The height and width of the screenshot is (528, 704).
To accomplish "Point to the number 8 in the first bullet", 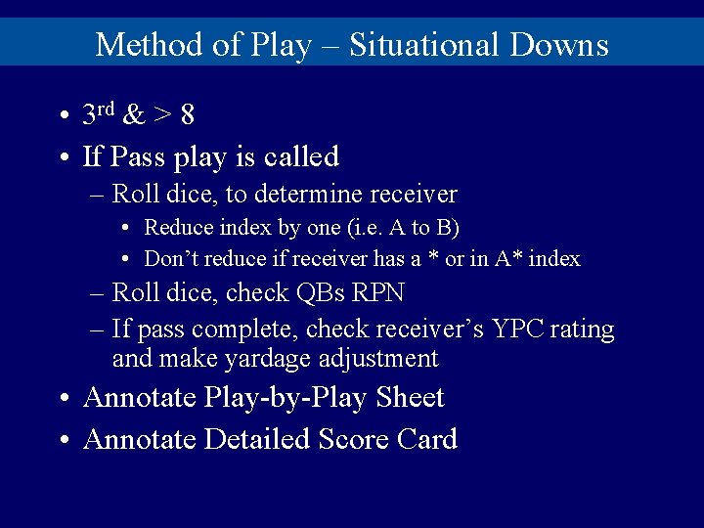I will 187,115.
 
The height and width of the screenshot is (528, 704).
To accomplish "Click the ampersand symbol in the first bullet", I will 136,115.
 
